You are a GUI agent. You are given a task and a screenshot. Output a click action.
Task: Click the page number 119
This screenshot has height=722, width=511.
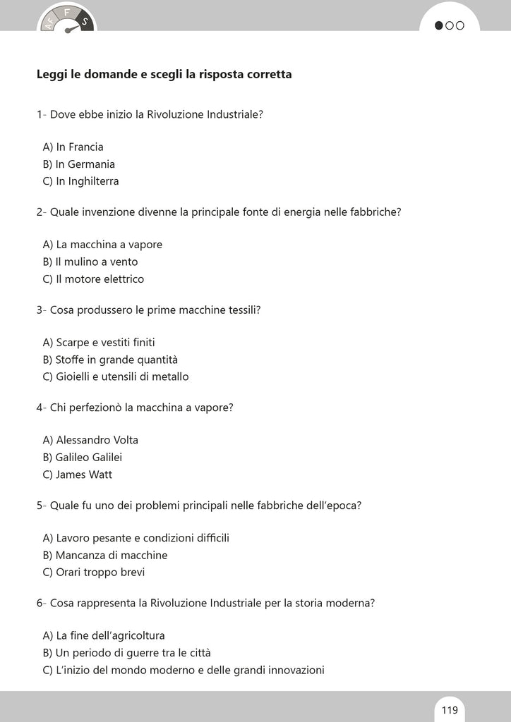tap(450, 710)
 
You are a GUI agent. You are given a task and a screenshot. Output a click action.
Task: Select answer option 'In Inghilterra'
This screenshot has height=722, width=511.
tap(80, 181)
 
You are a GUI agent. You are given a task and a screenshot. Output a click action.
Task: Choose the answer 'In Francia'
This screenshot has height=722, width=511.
tap(73, 147)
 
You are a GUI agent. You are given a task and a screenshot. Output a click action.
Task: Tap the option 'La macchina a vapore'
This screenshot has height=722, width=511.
tap(102, 245)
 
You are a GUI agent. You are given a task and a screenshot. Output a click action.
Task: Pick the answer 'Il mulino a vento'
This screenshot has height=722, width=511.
tap(90, 262)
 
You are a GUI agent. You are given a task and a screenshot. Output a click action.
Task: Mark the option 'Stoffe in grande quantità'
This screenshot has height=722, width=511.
tap(110, 360)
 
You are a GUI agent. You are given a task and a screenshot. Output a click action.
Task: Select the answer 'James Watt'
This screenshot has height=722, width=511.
tap(77, 475)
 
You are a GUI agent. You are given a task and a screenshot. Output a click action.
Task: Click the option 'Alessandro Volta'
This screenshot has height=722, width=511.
tap(90, 440)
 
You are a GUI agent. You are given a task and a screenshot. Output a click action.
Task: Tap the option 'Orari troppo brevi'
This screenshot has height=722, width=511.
tap(93, 573)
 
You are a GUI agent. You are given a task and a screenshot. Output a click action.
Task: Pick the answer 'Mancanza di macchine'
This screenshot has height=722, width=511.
tap(104, 555)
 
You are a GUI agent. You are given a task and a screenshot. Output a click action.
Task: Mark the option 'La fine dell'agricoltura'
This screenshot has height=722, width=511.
tap(104, 635)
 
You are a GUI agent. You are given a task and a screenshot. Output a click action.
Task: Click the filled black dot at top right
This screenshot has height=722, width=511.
tap(439, 26)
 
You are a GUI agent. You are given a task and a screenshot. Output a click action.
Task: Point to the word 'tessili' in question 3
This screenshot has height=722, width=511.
tap(242, 310)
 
